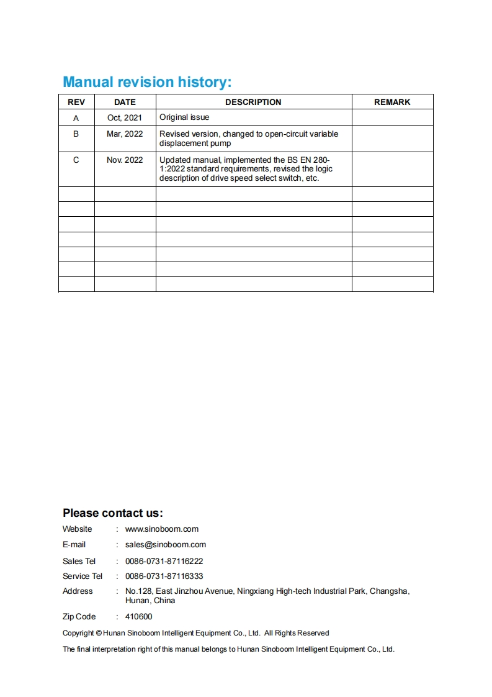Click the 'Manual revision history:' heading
click(x=147, y=82)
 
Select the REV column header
click(x=76, y=102)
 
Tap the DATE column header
click(x=125, y=102)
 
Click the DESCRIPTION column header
click(x=253, y=102)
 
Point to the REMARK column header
click(x=392, y=102)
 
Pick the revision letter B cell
click(x=76, y=134)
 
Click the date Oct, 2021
click(x=125, y=117)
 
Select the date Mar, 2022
click(x=125, y=134)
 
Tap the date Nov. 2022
click(x=125, y=160)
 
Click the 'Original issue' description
click(x=184, y=117)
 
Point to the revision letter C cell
click(x=76, y=160)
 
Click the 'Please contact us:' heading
click(x=112, y=513)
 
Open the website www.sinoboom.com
click(x=162, y=529)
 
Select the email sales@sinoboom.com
click(x=166, y=545)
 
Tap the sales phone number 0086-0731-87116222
click(x=164, y=561)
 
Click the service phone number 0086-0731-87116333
click(x=164, y=576)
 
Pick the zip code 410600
click(x=138, y=617)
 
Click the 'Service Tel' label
click(x=83, y=576)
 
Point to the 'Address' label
click(x=78, y=591)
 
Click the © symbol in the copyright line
click(x=99, y=633)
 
